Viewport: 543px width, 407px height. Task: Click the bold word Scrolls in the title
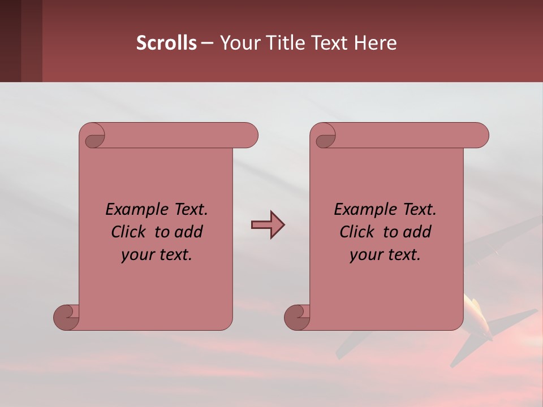pos(167,43)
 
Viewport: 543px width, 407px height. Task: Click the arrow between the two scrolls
pos(268,225)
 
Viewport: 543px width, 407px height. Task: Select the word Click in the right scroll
pos(357,232)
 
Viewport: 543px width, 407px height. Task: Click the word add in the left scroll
pos(189,232)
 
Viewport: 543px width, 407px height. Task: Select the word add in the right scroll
pos(417,232)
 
